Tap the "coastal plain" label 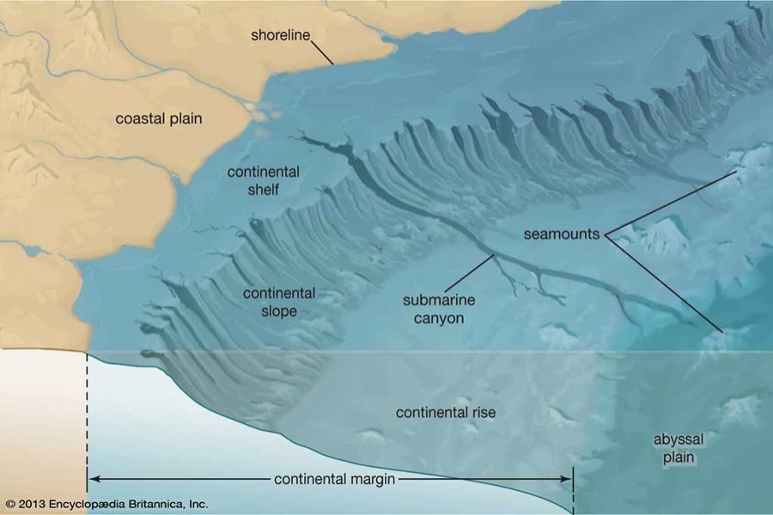coord(159,118)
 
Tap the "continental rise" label coord(446,413)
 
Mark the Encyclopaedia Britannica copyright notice coord(107,504)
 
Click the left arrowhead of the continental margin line coord(93,478)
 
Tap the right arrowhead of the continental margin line coord(568,478)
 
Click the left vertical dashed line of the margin coord(88,412)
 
